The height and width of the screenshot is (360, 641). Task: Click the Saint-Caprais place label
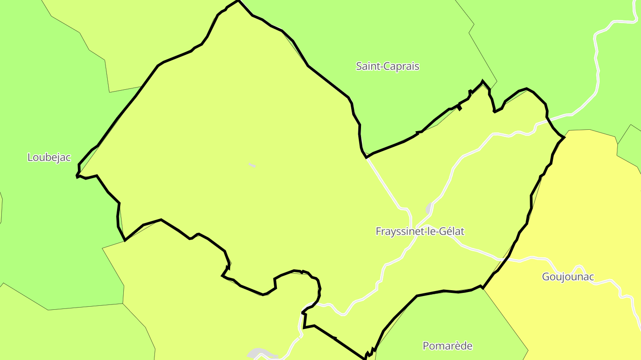387,66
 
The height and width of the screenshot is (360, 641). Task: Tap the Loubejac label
49,157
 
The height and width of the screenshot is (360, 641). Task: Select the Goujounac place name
568,277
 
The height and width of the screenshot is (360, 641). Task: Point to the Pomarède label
447,346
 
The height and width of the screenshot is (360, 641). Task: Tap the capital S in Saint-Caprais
359,66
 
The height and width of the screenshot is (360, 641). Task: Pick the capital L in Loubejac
30,157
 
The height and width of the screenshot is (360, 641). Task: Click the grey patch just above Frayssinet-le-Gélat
429,208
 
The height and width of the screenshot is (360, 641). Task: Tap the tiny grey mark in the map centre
252,165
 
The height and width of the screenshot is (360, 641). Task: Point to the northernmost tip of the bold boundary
239,1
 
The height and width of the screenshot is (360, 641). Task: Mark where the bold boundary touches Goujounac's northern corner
564,137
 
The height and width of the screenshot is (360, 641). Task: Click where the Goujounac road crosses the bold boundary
507,258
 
